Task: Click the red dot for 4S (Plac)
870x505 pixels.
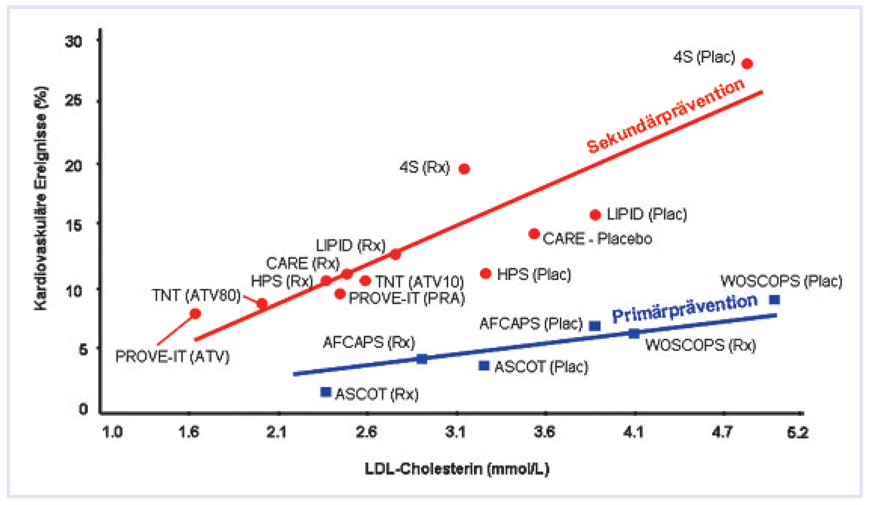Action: [x=747, y=64]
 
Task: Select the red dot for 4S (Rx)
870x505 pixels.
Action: [x=464, y=169]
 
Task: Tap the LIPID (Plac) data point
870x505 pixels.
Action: [x=595, y=215]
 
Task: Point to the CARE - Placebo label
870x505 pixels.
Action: [x=597, y=239]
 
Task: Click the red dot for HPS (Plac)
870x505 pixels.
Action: [x=486, y=273]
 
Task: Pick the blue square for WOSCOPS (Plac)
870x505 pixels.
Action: [x=774, y=299]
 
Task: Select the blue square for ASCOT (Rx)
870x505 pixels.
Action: [x=325, y=392]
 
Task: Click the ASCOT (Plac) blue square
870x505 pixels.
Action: [x=484, y=365]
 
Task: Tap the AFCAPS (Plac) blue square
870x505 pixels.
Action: [x=595, y=326]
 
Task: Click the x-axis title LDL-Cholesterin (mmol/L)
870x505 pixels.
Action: [x=457, y=469]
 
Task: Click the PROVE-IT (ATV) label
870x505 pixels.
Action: [x=172, y=356]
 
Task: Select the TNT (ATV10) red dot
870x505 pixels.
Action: [x=365, y=281]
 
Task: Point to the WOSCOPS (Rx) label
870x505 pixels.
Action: [x=701, y=345]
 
